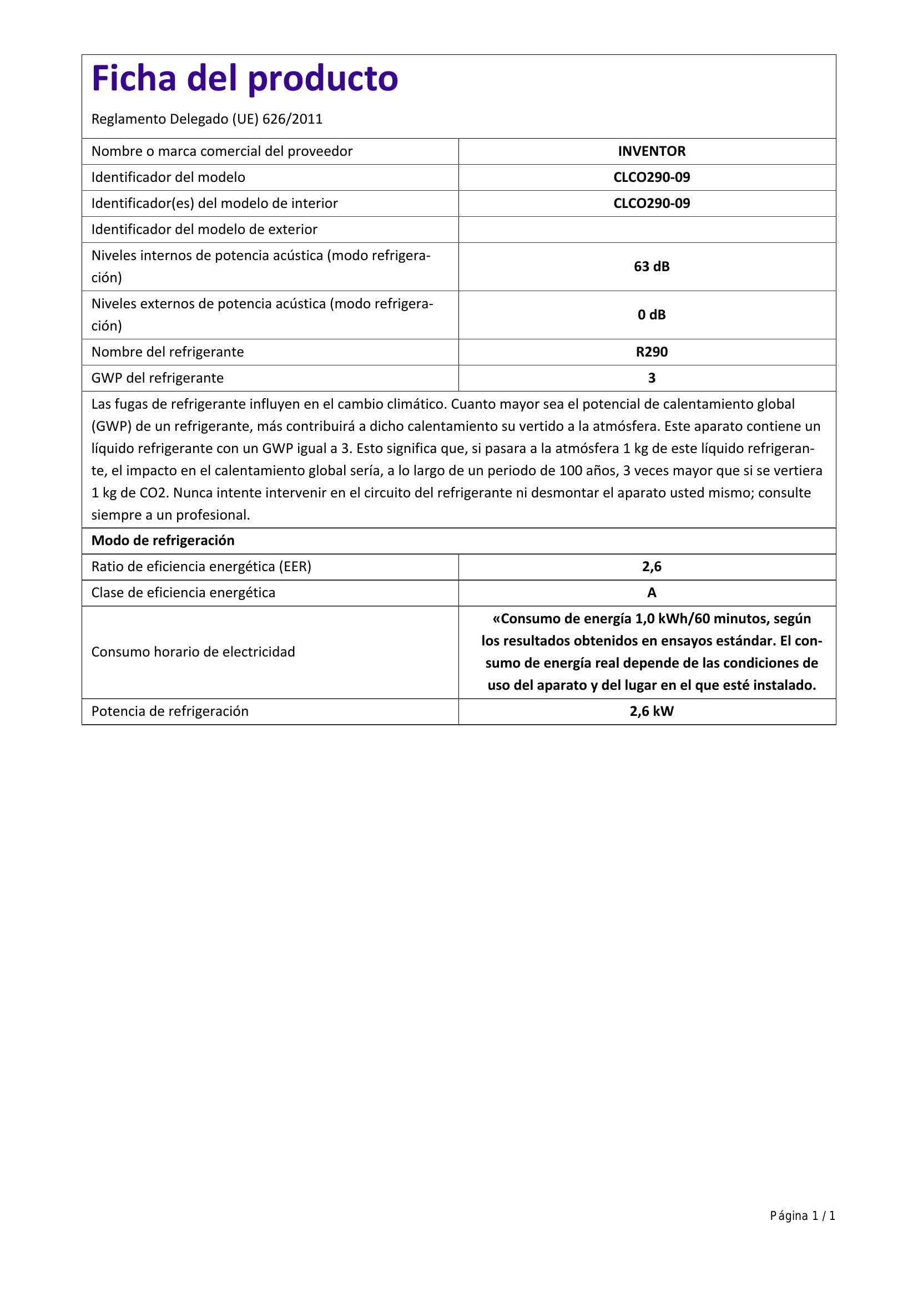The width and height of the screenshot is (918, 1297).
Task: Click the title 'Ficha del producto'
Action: pos(245,79)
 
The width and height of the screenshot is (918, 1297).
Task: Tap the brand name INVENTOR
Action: pos(651,151)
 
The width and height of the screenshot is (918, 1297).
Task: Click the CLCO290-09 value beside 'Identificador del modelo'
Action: pos(651,177)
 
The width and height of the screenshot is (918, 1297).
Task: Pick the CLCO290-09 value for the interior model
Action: pos(651,204)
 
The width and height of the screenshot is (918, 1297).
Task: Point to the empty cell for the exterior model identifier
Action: pos(647,230)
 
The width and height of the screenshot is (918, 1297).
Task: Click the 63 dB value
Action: pos(651,267)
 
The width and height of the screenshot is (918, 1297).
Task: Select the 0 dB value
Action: pos(651,314)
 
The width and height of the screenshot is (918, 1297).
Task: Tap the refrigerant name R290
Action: pos(651,352)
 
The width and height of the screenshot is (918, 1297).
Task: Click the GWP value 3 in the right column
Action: pos(651,378)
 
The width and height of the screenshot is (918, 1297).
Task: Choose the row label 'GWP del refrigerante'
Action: pos(157,378)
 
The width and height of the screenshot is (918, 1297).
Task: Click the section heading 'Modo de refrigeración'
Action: pos(163,541)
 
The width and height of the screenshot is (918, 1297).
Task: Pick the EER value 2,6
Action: pos(651,567)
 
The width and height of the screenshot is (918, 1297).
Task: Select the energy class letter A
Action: pos(651,593)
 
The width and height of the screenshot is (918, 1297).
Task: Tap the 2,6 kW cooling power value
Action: pos(651,711)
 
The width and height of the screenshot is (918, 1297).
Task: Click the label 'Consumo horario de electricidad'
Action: pos(193,652)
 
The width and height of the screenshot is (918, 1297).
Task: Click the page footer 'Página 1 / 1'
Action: pos(802,1215)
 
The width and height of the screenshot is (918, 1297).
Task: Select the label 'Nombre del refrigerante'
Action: pos(167,352)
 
